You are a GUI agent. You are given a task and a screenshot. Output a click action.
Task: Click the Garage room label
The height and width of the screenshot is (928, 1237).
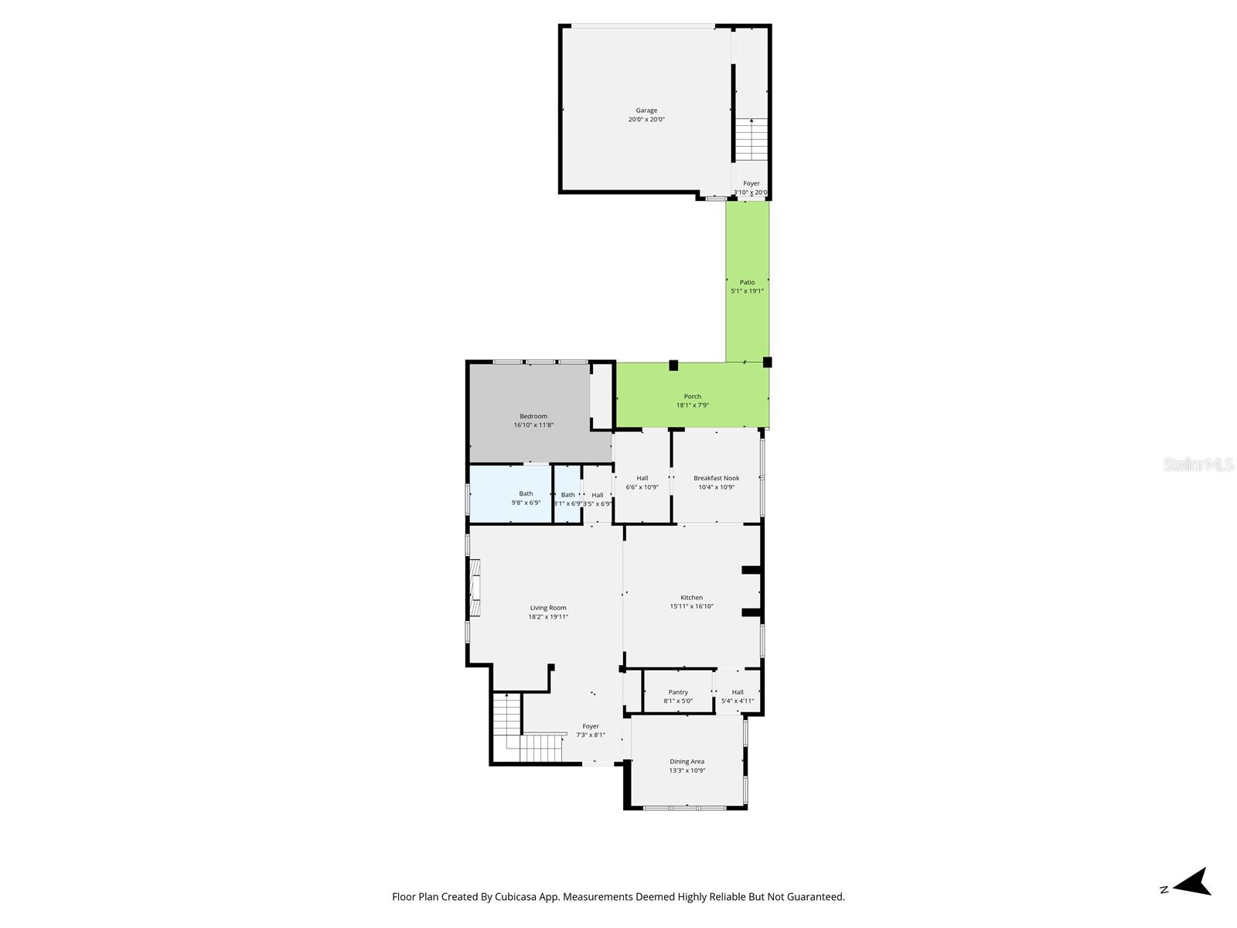click(x=646, y=111)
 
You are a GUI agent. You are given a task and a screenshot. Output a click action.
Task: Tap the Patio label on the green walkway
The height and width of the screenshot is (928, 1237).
click(x=747, y=282)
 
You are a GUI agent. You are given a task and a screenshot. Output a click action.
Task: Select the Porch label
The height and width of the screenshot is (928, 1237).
click(x=692, y=397)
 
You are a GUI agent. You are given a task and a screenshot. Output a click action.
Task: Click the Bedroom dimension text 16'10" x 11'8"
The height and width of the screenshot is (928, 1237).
click(x=533, y=425)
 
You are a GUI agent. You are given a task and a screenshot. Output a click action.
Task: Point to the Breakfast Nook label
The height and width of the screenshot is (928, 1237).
click(x=716, y=478)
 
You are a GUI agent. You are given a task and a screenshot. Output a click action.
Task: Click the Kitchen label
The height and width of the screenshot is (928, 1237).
click(x=691, y=598)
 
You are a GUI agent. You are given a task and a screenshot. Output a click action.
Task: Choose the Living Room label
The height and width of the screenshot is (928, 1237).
click(x=548, y=608)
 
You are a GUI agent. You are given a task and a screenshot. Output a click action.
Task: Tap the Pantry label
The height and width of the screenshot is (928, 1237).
click(x=678, y=692)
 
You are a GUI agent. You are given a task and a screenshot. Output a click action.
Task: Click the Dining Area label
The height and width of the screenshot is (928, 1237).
click(x=687, y=762)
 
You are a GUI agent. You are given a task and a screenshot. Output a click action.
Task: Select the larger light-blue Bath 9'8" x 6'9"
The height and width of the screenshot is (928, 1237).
click(x=526, y=494)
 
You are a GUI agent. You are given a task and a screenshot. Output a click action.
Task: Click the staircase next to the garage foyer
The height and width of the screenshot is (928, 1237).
click(x=751, y=139)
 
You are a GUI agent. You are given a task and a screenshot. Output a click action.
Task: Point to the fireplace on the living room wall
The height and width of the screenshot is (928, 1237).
click(x=474, y=589)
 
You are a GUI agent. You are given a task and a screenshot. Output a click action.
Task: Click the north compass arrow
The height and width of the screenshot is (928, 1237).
click(x=1194, y=882)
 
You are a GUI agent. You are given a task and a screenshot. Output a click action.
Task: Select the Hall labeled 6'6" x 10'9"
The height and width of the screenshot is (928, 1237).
click(x=642, y=478)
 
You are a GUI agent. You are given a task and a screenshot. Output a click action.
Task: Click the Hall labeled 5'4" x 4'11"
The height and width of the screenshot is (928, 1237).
click(x=738, y=692)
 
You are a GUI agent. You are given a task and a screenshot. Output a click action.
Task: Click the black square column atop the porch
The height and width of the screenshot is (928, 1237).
click(x=673, y=365)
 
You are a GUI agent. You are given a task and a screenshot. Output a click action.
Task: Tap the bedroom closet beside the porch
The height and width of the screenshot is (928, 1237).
click(x=601, y=397)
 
